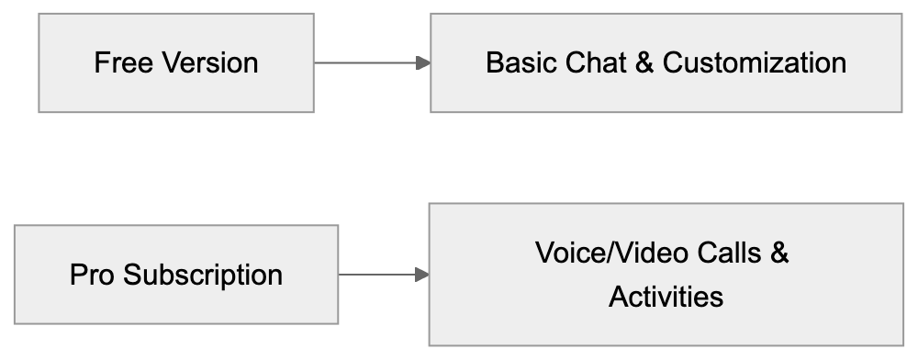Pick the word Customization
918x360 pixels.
(x=754, y=63)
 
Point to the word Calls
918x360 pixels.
(x=726, y=253)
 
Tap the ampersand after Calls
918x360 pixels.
(x=779, y=253)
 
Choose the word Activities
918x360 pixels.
(x=666, y=297)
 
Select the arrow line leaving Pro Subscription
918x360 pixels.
(x=377, y=275)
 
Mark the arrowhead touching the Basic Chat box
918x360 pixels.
(x=423, y=63)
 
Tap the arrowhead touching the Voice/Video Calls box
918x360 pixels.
(x=422, y=275)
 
